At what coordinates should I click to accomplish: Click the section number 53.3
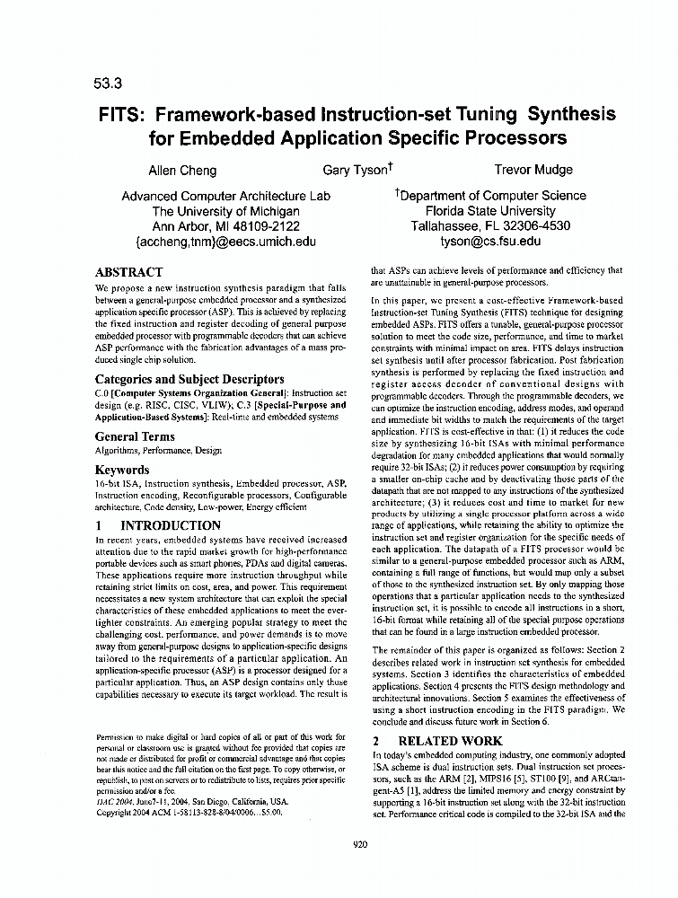click(x=106, y=85)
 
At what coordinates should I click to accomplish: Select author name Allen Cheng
click(x=182, y=170)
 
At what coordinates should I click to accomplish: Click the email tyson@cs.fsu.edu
click(x=489, y=241)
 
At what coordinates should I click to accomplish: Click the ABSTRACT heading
click(x=128, y=272)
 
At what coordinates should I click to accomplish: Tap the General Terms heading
click(x=135, y=436)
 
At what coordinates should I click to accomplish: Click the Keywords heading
click(x=122, y=470)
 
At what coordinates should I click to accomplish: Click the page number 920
click(x=360, y=843)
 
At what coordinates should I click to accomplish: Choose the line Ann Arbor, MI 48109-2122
click(x=225, y=226)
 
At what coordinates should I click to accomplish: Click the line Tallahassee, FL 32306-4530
click(x=490, y=226)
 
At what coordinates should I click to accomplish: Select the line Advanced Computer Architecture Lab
click(x=225, y=196)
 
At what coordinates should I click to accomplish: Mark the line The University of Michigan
click(x=225, y=211)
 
